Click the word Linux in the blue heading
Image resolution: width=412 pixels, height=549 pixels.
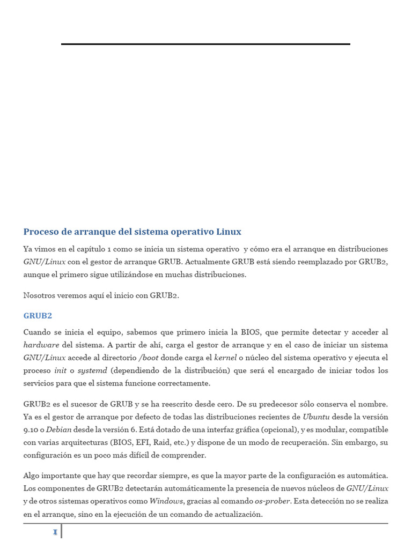[229, 232]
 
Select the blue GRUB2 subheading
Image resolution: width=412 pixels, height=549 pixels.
[38, 316]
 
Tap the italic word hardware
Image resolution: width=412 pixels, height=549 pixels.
[41, 345]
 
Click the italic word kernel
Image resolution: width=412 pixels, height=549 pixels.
[225, 358]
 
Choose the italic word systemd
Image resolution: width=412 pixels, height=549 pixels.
[92, 370]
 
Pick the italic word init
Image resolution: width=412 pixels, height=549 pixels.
[60, 370]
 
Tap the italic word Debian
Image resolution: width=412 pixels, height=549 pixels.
[59, 429]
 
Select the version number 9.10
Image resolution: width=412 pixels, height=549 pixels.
[31, 429]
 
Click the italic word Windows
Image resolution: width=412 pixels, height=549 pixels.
[166, 501]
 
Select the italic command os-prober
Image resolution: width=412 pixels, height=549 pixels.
[272, 501]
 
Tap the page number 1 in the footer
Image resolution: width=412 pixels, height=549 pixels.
[55, 532]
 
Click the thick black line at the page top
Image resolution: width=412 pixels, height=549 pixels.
[205, 44]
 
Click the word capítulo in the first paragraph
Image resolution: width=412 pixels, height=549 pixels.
[92, 249]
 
